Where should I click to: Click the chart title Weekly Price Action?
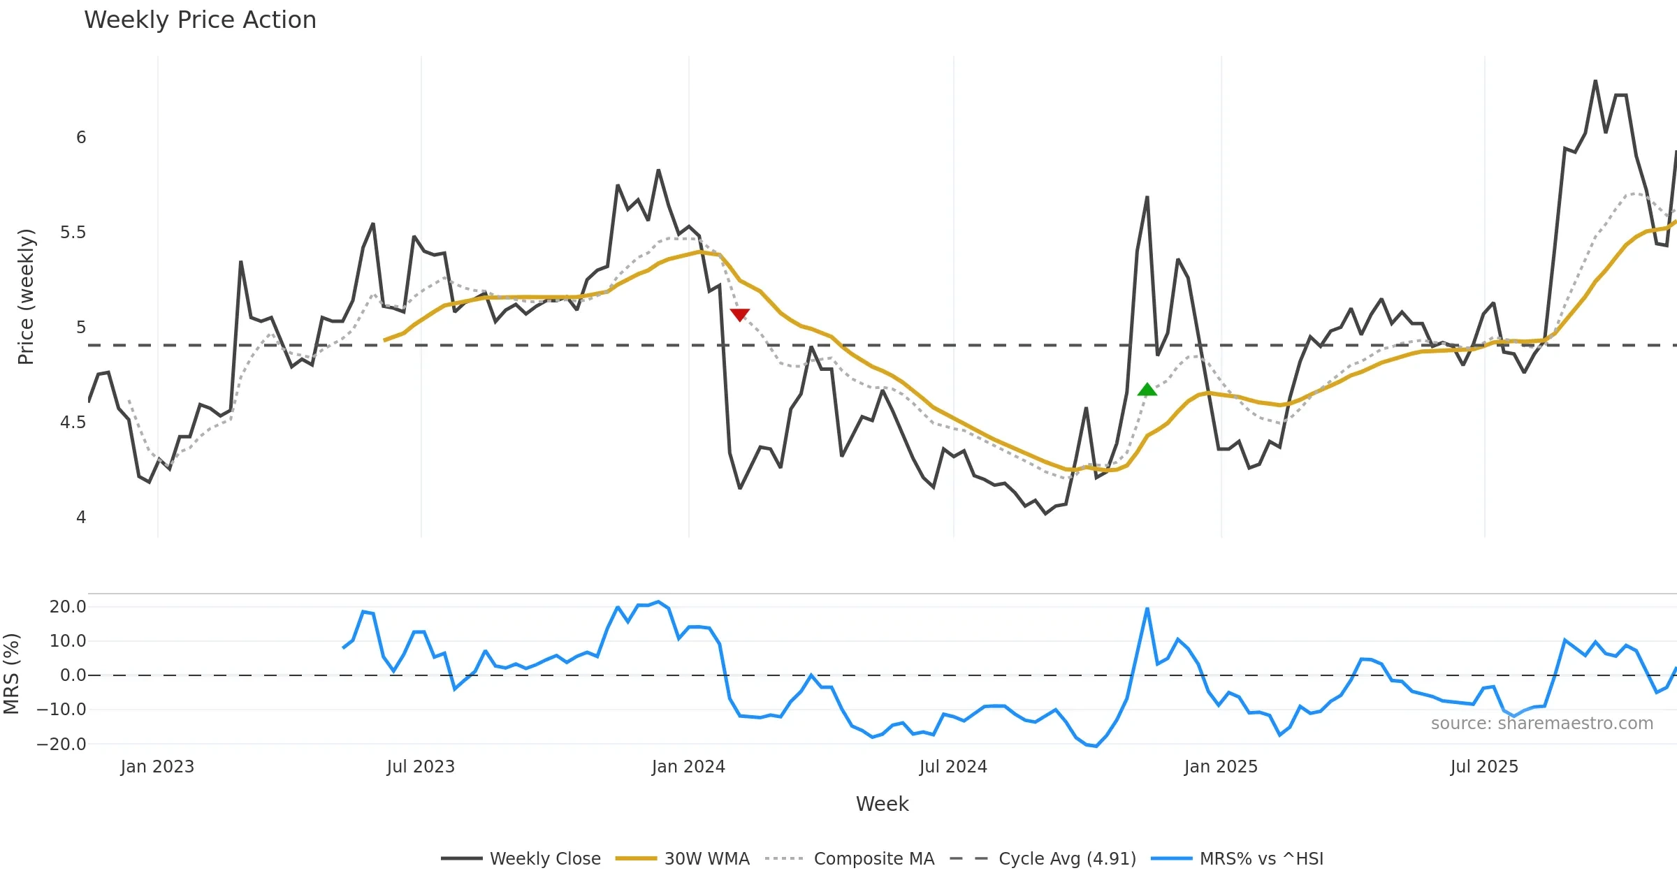coord(200,20)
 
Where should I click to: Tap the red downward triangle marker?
coord(739,315)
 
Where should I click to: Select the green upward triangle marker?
coord(1147,390)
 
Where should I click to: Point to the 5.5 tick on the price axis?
coord(73,233)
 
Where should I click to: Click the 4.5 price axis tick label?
coord(73,423)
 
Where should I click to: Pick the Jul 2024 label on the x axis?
coord(953,767)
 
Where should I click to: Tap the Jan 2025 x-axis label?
coord(1221,767)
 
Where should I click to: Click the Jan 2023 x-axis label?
coord(157,767)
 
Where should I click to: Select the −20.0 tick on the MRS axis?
coord(61,745)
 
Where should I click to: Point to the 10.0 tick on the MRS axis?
coord(68,641)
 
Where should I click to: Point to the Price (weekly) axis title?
coord(26,297)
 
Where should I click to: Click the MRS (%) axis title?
coord(11,674)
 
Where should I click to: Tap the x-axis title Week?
coord(882,805)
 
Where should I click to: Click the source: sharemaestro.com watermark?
coord(1541,724)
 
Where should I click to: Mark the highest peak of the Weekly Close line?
coord(1595,81)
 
